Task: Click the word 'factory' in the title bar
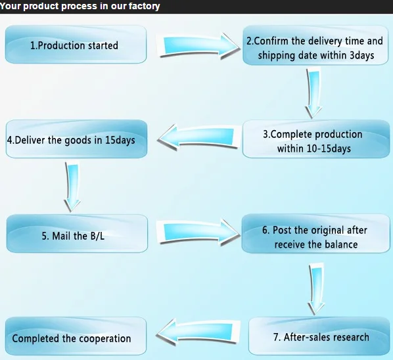pos(144,7)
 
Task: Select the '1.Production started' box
pos(76,44)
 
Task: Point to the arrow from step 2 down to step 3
pos(313,93)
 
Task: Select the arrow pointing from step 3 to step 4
pos(198,137)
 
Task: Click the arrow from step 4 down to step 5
pos(72,187)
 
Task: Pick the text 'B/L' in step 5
pos(96,236)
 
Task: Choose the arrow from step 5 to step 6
pos(198,232)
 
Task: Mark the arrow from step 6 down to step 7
pos(316,288)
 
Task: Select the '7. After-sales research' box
pos(319,336)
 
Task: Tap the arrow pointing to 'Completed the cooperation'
pos(198,332)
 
